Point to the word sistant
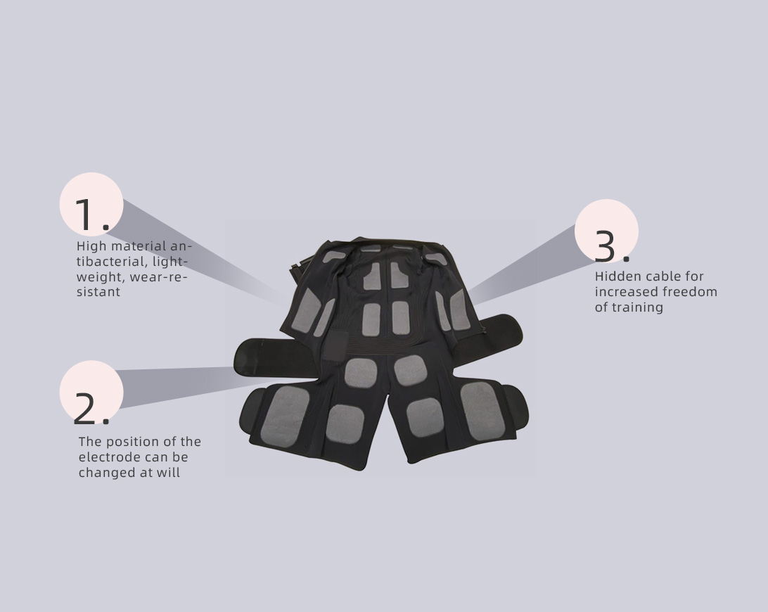point(98,292)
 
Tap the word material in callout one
point(133,246)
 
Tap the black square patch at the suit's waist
point(336,345)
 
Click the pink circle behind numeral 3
point(606,231)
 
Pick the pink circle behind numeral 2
point(91,392)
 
